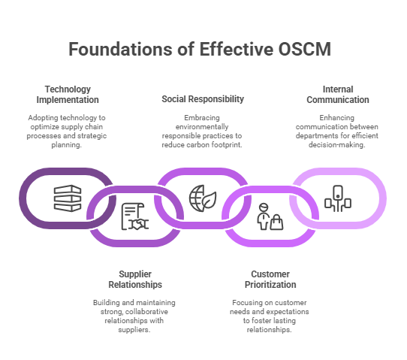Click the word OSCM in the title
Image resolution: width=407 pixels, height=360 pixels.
click(x=305, y=49)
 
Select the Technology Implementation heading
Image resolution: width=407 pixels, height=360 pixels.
click(x=68, y=95)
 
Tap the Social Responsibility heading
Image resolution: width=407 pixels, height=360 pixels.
click(x=203, y=99)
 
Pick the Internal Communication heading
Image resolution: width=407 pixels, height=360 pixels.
click(x=338, y=95)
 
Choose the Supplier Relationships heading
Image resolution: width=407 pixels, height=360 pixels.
click(x=135, y=280)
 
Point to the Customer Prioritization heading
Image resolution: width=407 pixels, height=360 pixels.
click(x=270, y=280)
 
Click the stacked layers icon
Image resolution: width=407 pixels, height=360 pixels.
click(x=68, y=198)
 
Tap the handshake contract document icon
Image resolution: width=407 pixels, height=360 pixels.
click(x=135, y=216)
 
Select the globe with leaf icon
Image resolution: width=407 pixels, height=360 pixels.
click(x=203, y=198)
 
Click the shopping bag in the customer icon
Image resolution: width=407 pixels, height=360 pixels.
click(x=276, y=222)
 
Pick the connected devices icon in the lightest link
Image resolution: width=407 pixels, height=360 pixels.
click(x=338, y=198)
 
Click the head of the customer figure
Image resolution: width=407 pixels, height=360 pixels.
click(x=264, y=207)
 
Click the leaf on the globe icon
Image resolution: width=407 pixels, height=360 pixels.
click(x=210, y=200)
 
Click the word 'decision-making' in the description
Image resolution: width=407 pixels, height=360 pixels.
click(x=336, y=144)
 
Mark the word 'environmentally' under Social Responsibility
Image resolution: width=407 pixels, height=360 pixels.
click(x=202, y=127)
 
